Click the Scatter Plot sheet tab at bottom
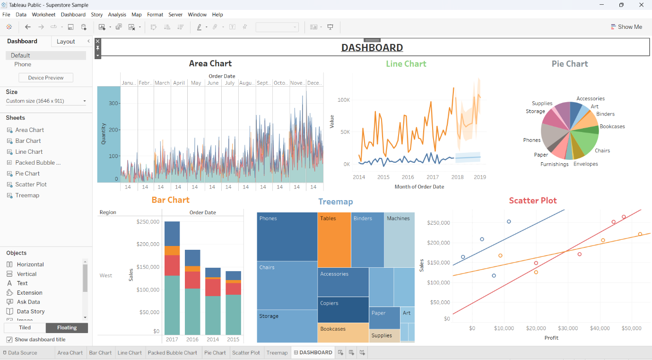click(246, 352)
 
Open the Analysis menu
click(117, 15)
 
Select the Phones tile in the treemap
click(287, 237)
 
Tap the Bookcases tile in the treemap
click(343, 333)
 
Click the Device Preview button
click(46, 78)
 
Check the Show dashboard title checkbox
click(9, 340)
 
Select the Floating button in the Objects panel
click(67, 328)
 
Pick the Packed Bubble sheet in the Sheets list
click(38, 163)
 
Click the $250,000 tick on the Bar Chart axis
click(148, 221)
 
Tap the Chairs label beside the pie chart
click(602, 151)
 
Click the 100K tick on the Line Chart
click(343, 100)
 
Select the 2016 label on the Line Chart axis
click(408, 177)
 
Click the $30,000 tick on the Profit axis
click(567, 328)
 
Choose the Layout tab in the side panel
click(66, 42)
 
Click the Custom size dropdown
click(46, 101)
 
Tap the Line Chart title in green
click(406, 64)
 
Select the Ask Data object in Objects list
click(28, 302)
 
